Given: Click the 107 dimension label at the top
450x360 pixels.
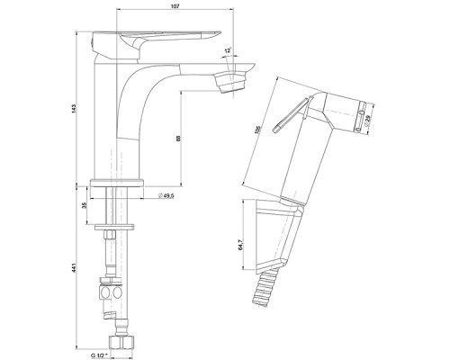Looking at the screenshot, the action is [175, 6].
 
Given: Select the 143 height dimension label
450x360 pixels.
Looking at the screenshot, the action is [74, 109].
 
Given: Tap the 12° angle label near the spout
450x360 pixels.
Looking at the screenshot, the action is [228, 50].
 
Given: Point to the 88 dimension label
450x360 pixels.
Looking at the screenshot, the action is [178, 139].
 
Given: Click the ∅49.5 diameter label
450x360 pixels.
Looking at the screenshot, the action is [166, 196].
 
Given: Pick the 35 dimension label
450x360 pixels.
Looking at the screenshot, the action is [85, 205].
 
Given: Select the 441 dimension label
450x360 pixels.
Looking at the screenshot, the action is [74, 268].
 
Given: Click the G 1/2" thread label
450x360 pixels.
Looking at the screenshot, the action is [99, 355].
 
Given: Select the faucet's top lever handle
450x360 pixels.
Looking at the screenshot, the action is [156, 43].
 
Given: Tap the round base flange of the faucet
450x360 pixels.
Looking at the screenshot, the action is [117, 183].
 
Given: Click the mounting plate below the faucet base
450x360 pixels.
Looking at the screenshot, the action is [114, 227].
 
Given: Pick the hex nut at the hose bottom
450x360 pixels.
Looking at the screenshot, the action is [121, 342].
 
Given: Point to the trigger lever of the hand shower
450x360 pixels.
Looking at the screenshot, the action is [291, 114].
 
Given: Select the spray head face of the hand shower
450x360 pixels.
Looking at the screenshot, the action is [361, 117].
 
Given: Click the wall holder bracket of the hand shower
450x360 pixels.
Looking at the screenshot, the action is [279, 237].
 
